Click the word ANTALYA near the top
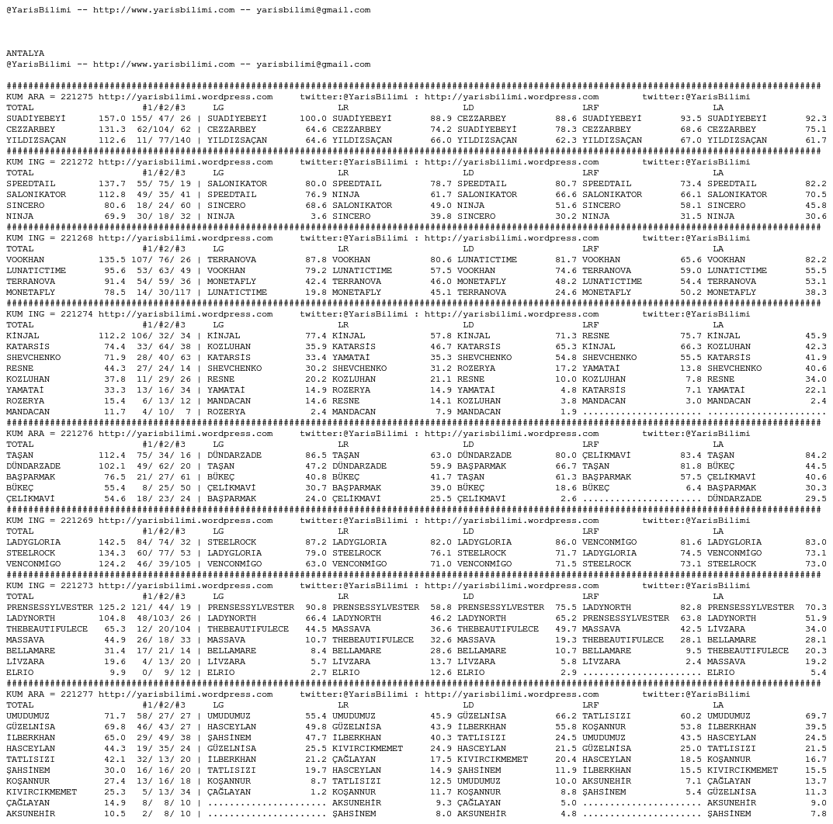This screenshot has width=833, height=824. (25, 54)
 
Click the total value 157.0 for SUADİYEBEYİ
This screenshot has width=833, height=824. (112, 119)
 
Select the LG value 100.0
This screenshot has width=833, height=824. (313, 119)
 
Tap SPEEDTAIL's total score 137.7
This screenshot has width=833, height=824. (112, 184)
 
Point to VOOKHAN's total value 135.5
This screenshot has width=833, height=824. (112, 260)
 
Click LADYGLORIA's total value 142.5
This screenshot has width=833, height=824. (112, 542)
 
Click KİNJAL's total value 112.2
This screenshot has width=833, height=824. (112, 336)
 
